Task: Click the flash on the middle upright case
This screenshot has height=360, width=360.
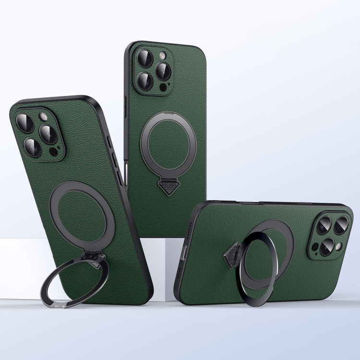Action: point(162,55)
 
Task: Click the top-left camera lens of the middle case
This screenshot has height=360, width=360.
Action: point(145,59)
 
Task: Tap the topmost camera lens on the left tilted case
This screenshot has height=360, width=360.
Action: point(25,123)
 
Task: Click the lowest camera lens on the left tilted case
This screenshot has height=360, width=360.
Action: point(32,147)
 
